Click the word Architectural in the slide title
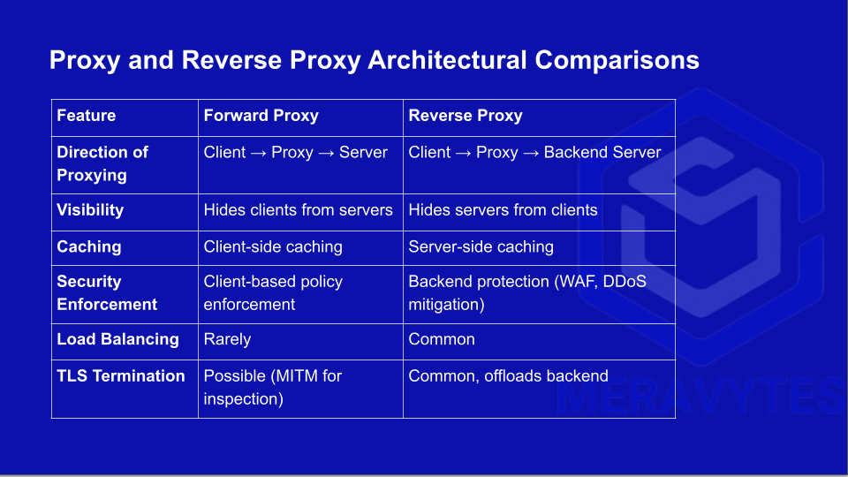[x=447, y=59]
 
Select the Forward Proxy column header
[x=261, y=116]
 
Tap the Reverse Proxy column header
[x=466, y=116]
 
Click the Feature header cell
[x=86, y=116]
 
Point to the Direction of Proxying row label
[x=102, y=163]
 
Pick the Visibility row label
[x=90, y=210]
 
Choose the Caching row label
[x=88, y=246]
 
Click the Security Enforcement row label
[x=107, y=292]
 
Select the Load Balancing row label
[x=117, y=339]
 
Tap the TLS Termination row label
[x=121, y=376]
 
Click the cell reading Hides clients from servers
[x=298, y=210]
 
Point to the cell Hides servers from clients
[x=503, y=210]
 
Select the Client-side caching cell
[x=273, y=246]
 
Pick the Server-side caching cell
[x=481, y=246]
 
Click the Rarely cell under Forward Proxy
[x=227, y=339]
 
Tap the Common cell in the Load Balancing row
[x=442, y=339]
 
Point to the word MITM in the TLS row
[x=294, y=376]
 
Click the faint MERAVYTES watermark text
[x=700, y=396]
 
